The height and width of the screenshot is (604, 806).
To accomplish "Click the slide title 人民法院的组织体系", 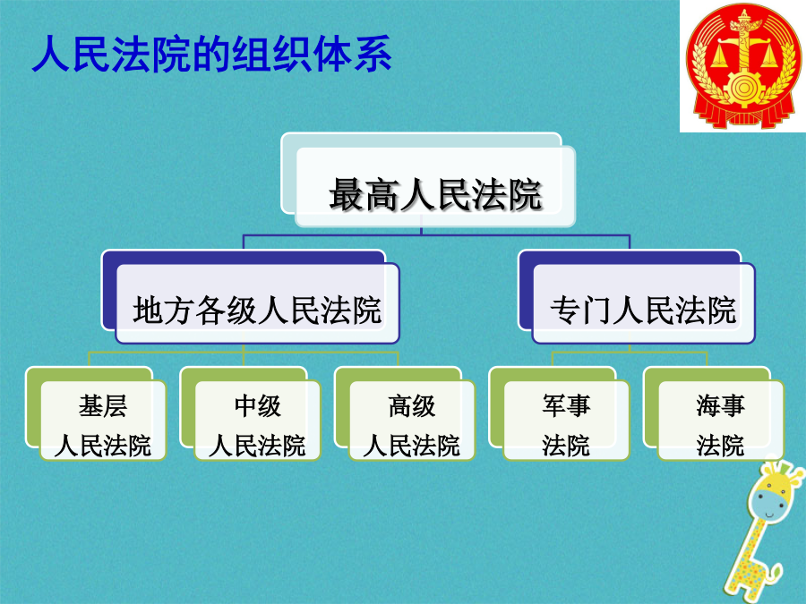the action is (x=211, y=54).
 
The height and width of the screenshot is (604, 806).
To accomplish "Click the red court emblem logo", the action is (x=744, y=65).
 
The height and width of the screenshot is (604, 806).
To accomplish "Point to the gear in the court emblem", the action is (x=743, y=89).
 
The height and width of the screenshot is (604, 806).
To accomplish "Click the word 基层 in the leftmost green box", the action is (x=103, y=405).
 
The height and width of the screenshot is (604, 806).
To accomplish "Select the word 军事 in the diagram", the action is (x=567, y=405).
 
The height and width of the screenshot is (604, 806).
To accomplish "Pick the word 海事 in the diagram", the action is (x=721, y=405).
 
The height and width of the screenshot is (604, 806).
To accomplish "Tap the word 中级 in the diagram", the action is (x=258, y=405).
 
